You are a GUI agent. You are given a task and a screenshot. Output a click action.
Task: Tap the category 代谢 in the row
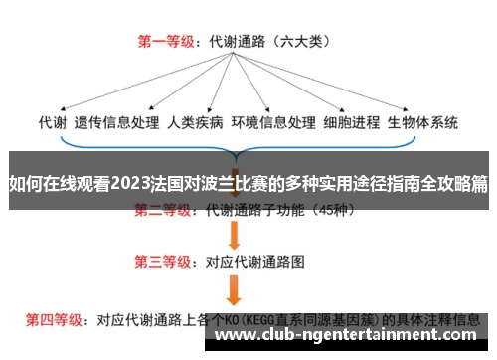[x=52, y=123]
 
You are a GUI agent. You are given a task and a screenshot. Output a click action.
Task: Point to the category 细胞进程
[x=352, y=123]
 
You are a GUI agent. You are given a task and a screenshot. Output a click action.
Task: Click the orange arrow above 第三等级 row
[x=236, y=235]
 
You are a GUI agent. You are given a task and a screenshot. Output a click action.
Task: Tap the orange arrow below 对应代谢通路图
[x=236, y=289]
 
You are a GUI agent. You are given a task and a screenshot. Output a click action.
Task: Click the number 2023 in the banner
[x=131, y=184]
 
